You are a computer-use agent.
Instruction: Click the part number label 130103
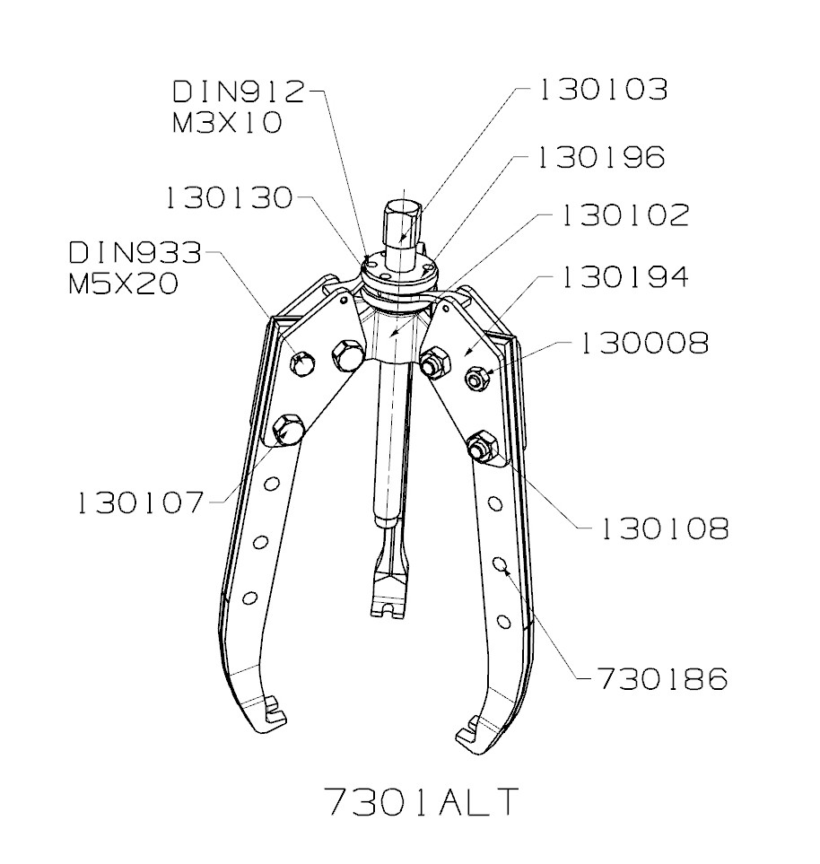tap(602, 90)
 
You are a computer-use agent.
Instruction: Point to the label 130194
tap(624, 278)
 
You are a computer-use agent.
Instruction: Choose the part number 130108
tap(664, 529)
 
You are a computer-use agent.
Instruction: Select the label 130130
tap(230, 198)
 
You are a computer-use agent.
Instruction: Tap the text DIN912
tap(239, 91)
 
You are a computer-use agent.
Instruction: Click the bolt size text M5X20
tap(123, 284)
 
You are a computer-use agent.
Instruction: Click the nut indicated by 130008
tap(475, 379)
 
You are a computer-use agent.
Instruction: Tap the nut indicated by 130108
tap(478, 445)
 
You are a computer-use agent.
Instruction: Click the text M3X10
tap(227, 122)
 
